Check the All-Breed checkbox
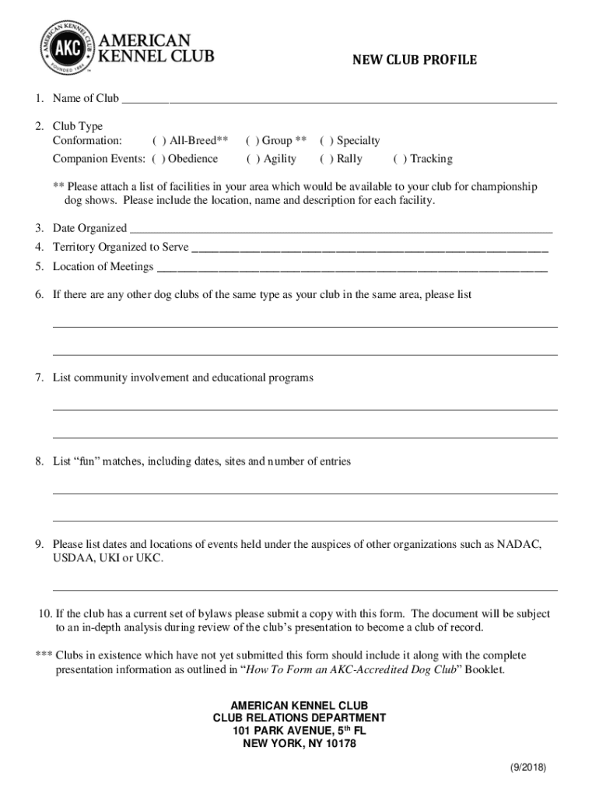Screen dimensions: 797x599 tap(159, 141)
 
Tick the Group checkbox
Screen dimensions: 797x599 tap(252, 141)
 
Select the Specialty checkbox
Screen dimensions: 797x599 tap(326, 141)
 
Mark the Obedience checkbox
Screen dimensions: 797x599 tap(158, 159)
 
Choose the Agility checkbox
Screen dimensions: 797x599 tap(253, 159)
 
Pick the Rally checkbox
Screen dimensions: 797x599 tap(326, 159)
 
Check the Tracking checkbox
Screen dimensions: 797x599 tap(399, 159)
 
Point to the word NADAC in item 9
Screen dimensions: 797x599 tap(519, 544)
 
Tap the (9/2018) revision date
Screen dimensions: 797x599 tap(528, 767)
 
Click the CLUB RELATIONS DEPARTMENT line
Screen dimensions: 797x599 tap(299, 718)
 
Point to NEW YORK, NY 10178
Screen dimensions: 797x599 tap(299, 744)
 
